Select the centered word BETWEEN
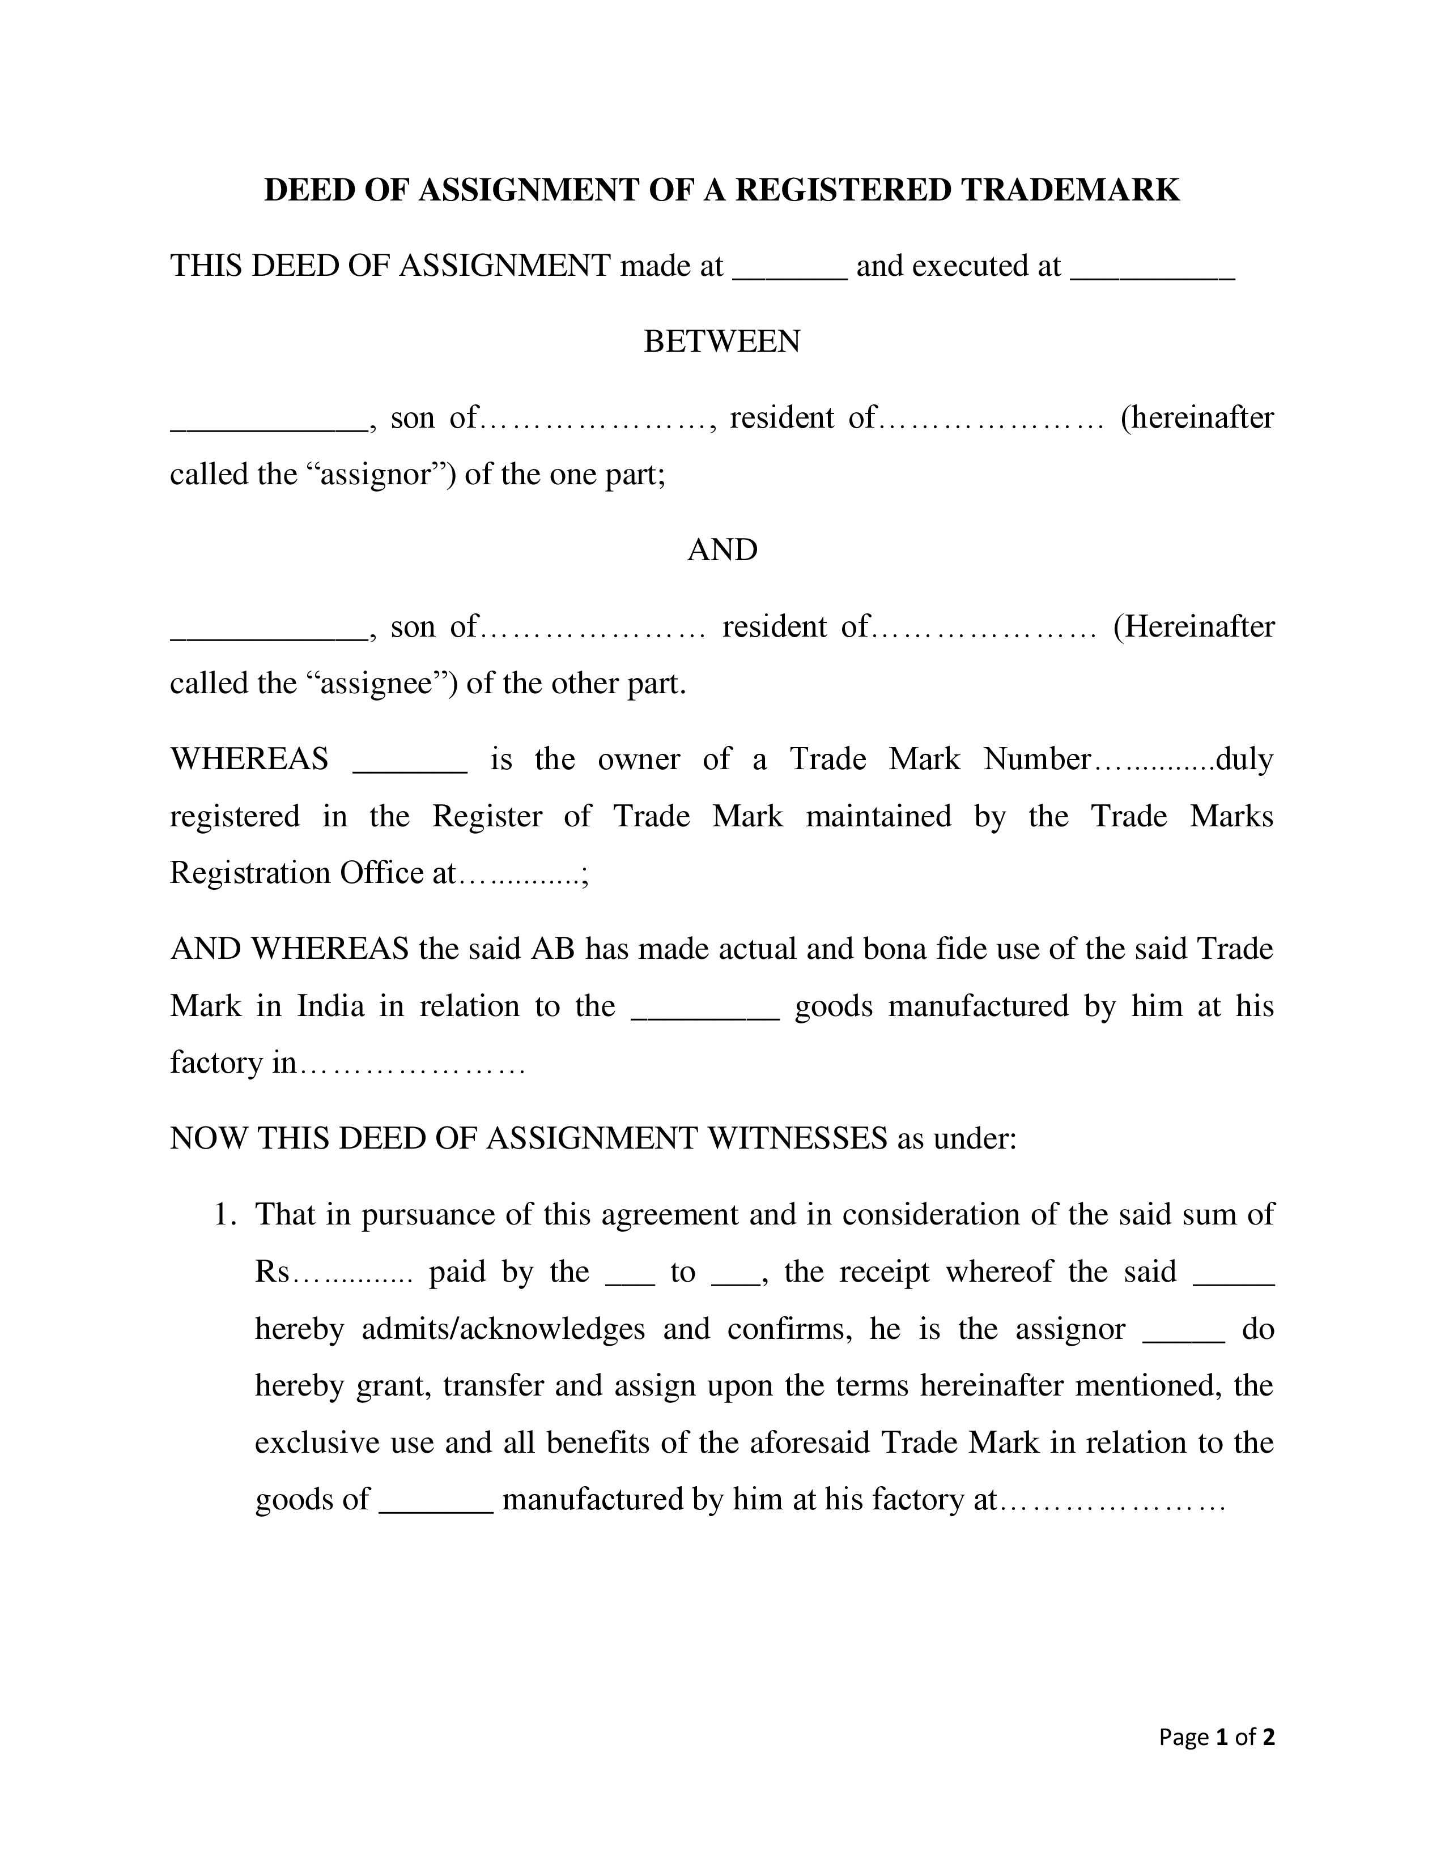coord(721,342)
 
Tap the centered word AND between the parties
coord(721,549)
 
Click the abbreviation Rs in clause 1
coord(272,1271)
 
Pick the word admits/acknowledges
coord(503,1329)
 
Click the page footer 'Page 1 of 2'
coord(1217,1736)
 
